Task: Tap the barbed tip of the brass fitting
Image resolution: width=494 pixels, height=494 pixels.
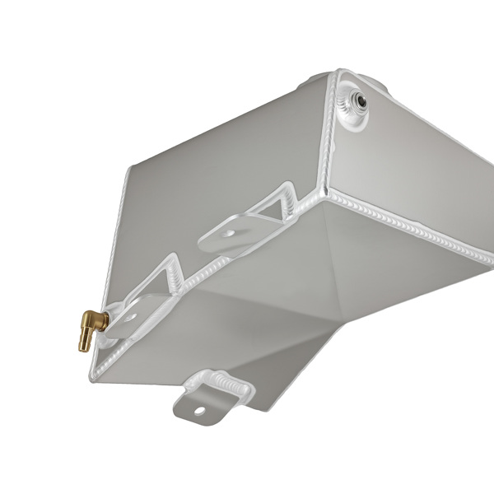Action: tap(84, 342)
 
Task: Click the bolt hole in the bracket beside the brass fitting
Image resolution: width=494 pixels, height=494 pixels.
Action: tap(129, 315)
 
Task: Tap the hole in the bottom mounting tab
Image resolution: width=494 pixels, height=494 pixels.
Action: tap(199, 409)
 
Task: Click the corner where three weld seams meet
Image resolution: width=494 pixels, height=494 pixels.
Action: tap(324, 194)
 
